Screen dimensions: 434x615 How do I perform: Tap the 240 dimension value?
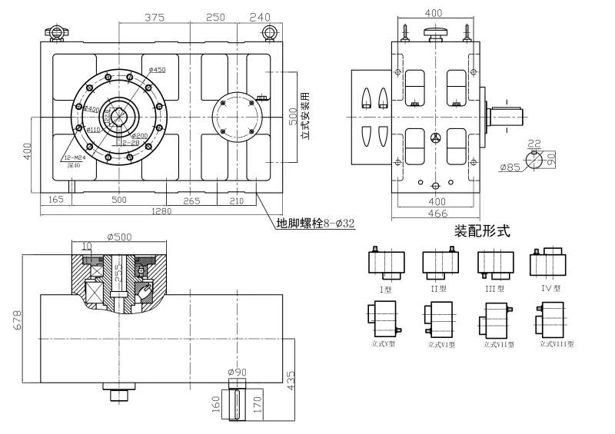tap(261, 17)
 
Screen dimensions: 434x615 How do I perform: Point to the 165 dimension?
tap(55, 200)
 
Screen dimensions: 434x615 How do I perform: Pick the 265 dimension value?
tap(191, 200)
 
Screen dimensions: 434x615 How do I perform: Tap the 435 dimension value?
tap(291, 381)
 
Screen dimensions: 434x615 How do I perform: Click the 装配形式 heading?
tap(482, 230)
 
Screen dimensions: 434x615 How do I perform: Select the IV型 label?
tap(551, 289)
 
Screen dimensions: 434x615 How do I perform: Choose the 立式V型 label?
tap(383, 344)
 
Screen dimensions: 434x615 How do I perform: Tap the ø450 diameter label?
tap(157, 70)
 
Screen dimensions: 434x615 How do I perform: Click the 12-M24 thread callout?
tap(74, 156)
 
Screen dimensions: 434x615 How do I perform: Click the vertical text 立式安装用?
tap(304, 114)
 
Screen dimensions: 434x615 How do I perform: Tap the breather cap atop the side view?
tap(434, 32)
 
